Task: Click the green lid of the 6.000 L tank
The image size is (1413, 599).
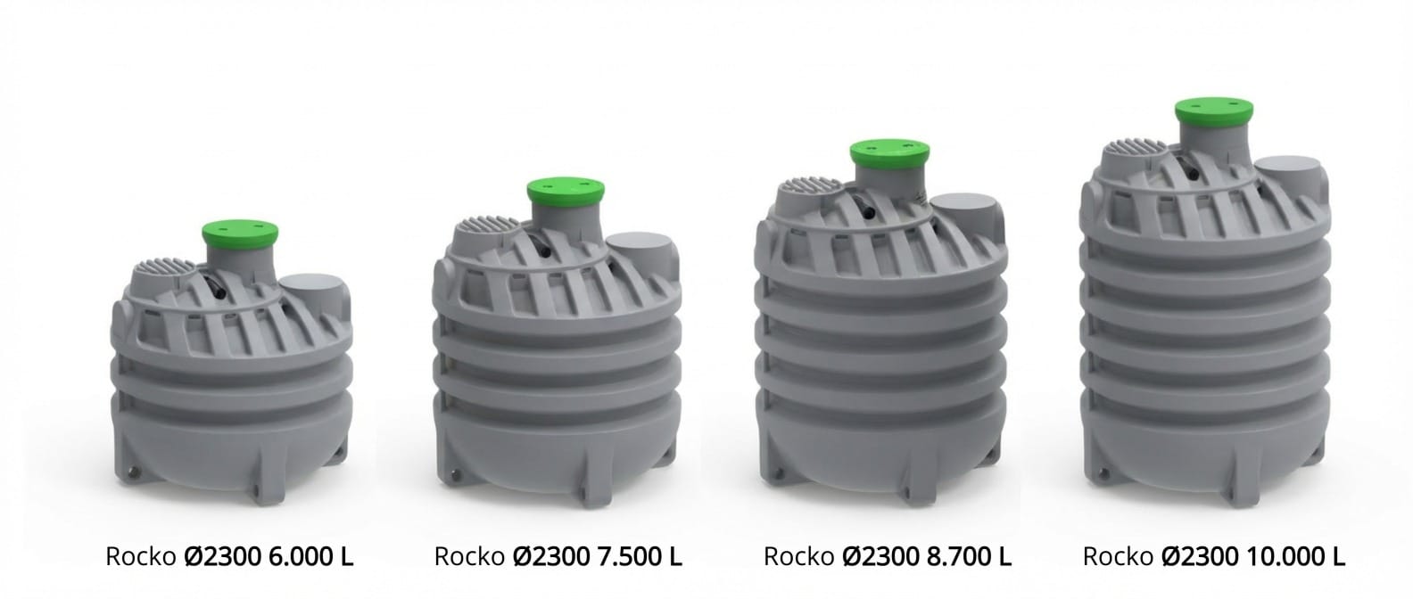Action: pyautogui.click(x=240, y=234)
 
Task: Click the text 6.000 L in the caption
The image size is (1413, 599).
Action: pyautogui.click(x=311, y=556)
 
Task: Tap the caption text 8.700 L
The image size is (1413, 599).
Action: pyautogui.click(x=969, y=556)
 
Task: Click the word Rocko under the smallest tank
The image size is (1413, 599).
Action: pyautogui.click(x=141, y=557)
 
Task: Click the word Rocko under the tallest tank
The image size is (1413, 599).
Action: pyautogui.click(x=1119, y=557)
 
